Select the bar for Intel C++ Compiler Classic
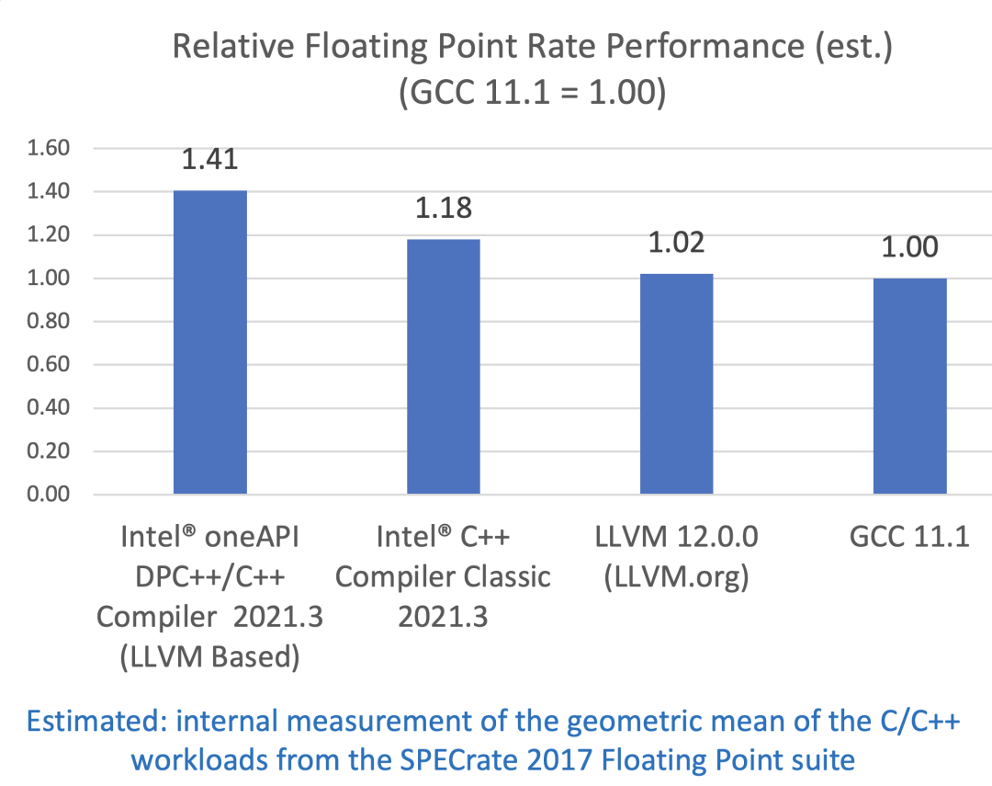tap(443, 367)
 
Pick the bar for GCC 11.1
tap(909, 386)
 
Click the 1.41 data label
tap(209, 158)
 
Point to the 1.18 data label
tap(443, 208)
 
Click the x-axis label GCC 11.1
tap(909, 538)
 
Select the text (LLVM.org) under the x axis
tap(676, 577)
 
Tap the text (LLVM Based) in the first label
tap(209, 656)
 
